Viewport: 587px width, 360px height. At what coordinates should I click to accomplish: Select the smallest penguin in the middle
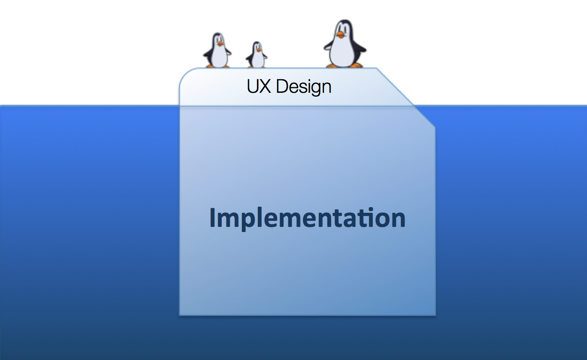coord(256,56)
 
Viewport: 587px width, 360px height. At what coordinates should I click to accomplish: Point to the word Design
coord(303,87)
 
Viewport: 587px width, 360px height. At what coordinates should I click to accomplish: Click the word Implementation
coord(307,218)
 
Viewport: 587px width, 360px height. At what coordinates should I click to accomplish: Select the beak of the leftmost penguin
coord(219,44)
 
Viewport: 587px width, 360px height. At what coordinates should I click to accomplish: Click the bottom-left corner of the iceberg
coord(181,314)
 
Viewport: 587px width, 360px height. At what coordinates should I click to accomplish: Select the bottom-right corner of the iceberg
coord(435,314)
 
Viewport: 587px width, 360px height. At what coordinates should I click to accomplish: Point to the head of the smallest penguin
coord(256,47)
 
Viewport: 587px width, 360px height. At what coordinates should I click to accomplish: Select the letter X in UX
coord(266,86)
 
